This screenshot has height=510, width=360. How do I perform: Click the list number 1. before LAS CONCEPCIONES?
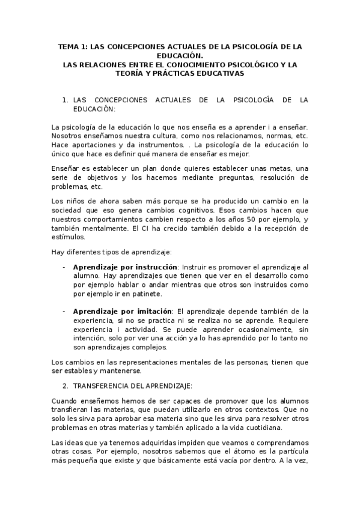coord(65,100)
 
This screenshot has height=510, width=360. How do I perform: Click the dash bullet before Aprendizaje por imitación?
coord(64,311)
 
